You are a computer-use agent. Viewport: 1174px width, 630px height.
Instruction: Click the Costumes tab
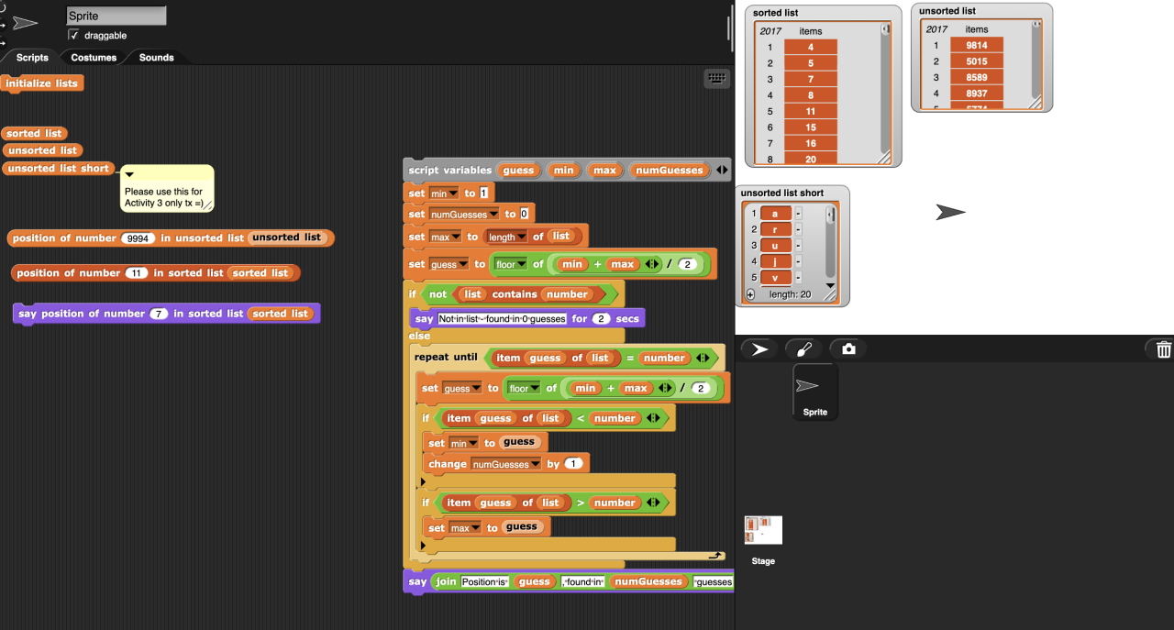pos(94,57)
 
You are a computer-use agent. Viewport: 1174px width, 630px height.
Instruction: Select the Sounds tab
pos(156,57)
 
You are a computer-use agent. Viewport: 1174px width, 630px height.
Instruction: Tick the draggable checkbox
pos(74,35)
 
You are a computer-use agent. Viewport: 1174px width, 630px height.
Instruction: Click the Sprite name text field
pos(116,16)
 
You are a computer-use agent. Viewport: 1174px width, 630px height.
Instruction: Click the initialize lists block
pos(42,83)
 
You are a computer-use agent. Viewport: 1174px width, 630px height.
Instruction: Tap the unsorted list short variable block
pos(59,169)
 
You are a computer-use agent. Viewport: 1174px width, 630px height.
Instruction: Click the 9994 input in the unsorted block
pos(137,238)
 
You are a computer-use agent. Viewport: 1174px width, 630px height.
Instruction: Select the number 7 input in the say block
pos(159,314)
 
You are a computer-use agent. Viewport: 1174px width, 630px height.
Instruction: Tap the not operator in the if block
pos(437,294)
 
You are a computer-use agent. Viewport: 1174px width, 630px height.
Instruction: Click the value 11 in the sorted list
pos(811,111)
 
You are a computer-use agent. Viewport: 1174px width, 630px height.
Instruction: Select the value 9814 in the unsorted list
pos(976,45)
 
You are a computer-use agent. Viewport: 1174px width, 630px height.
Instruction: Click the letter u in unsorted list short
pos(774,245)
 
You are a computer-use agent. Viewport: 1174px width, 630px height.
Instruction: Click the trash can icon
pos(1163,349)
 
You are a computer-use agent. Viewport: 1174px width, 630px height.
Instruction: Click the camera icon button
pos(848,348)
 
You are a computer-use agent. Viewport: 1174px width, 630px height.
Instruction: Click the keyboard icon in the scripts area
pos(716,79)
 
